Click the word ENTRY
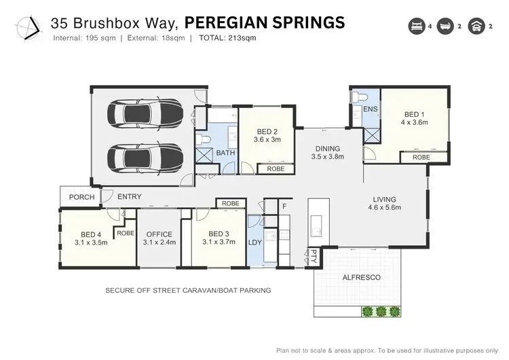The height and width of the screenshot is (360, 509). (x=130, y=197)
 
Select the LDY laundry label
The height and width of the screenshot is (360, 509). (x=256, y=242)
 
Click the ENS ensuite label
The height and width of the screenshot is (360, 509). (x=370, y=109)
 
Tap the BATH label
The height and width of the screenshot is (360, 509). (x=225, y=154)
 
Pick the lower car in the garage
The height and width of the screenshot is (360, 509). (x=144, y=158)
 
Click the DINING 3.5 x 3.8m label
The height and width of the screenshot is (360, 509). (x=327, y=152)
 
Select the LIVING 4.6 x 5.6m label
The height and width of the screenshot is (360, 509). (x=384, y=204)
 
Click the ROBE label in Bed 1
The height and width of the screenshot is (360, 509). (x=421, y=157)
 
